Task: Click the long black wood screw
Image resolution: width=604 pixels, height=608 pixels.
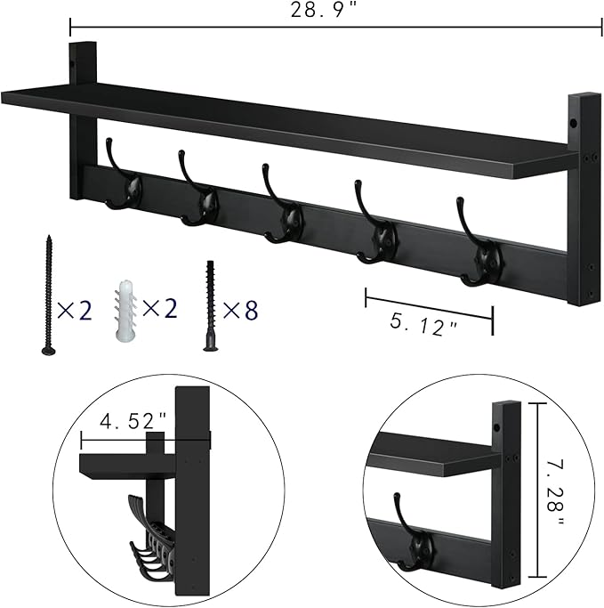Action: coord(47,293)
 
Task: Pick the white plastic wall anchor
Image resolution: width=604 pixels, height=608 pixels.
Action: coord(125,311)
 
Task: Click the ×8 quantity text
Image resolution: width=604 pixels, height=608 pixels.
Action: coord(239,310)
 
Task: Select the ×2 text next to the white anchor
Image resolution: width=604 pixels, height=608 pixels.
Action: coord(161,310)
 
